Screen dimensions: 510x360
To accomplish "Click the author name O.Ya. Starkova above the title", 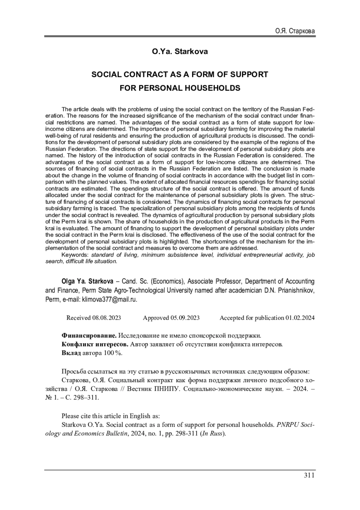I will [x=180, y=52].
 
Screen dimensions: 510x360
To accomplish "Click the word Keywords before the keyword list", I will [x=75, y=255].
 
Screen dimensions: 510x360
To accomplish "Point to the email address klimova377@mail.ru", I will [x=109, y=300].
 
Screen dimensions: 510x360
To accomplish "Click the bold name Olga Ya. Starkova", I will [x=87, y=281].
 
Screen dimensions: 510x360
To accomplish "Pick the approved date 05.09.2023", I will [x=185, y=318].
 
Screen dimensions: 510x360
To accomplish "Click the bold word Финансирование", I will [x=89, y=335].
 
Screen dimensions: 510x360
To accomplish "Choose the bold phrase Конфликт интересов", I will [x=95, y=344].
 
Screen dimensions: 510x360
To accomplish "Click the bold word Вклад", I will [x=71, y=353].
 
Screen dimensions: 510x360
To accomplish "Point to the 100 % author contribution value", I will [x=113, y=353].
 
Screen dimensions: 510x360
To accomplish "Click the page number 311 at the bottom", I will [x=309, y=475].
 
